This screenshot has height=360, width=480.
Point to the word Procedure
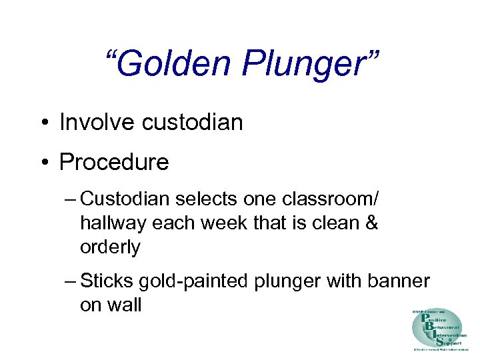(x=114, y=162)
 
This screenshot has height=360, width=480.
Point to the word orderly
(x=110, y=247)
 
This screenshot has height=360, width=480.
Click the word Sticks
(x=103, y=281)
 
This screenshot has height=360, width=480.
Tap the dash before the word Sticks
(x=71, y=281)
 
